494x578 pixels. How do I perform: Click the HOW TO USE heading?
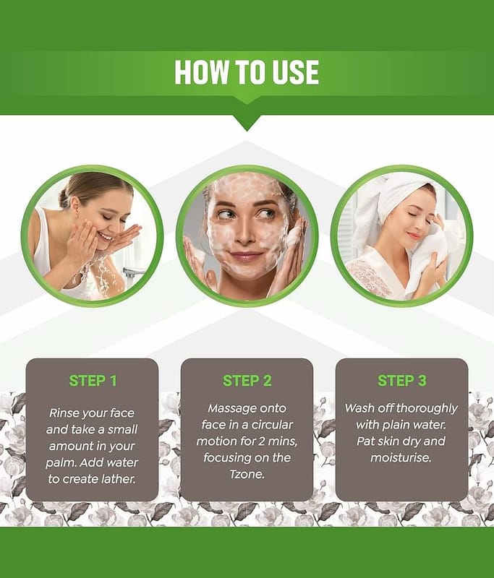tap(247, 72)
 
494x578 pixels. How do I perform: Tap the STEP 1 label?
tap(93, 381)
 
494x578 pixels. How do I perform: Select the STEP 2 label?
tap(247, 381)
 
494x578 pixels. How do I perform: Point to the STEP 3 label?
tap(401, 381)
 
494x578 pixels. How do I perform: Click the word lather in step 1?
tap(116, 479)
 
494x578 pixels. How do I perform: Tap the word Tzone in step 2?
tap(247, 474)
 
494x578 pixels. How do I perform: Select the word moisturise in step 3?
tap(401, 458)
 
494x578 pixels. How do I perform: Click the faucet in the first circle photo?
tap(133, 273)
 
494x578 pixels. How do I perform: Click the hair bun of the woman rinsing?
tap(64, 197)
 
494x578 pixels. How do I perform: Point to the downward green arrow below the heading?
tap(247, 123)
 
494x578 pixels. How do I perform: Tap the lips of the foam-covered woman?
tap(247, 256)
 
